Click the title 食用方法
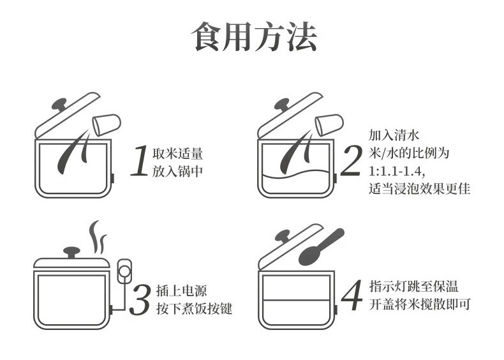tap(255, 36)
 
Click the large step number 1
tap(140, 161)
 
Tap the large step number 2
tap(352, 161)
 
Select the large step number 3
tap(140, 299)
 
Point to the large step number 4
tap(352, 295)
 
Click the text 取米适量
tap(177, 153)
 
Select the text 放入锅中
tap(177, 171)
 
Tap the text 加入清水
tap(394, 135)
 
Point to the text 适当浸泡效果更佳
tap(419, 188)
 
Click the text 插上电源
tap(182, 291)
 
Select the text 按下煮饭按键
tap(194, 308)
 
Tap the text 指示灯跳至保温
tap(413, 286)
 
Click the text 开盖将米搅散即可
tap(420, 304)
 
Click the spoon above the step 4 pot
tap(321, 247)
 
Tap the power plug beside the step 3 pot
tap(124, 271)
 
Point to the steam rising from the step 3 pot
tap(98, 237)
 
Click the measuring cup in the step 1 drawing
tap(107, 125)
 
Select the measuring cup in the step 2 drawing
tap(329, 125)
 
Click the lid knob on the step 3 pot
tap(71, 252)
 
